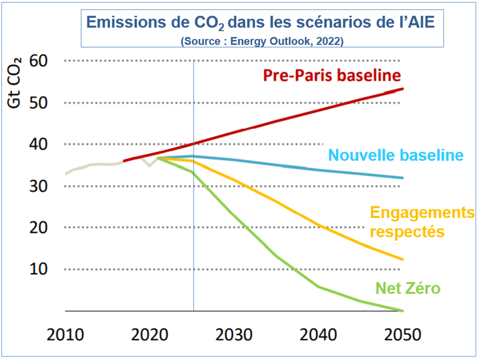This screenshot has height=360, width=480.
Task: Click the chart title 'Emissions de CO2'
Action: pos(262,22)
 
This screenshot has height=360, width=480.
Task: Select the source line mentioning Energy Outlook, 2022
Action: pos(262,41)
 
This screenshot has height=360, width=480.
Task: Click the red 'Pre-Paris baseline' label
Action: pos(332,75)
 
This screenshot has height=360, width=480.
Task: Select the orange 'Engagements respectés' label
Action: pos(421,222)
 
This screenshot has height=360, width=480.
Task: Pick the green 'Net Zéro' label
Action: pos(408,288)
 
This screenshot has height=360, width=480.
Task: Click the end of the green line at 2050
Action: pos(402,310)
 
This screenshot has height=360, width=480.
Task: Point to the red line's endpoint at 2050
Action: pos(402,89)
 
